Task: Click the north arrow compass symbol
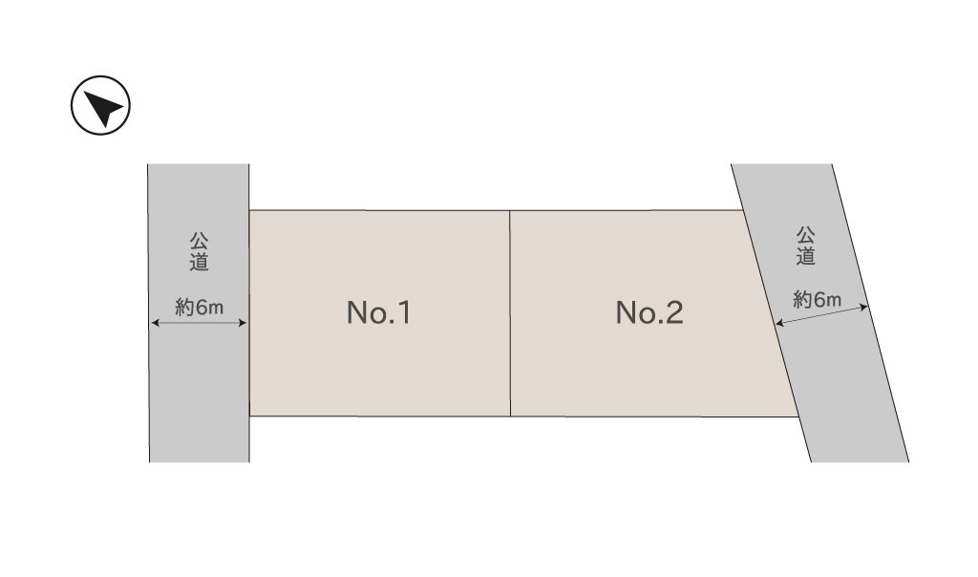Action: point(100,107)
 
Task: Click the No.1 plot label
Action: point(378,313)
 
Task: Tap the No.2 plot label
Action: point(649,313)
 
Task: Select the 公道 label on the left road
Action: point(199,249)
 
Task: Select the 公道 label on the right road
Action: point(805,245)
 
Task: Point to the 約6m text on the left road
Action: point(199,307)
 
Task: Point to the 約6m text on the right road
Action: point(817,299)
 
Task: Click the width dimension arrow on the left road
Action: point(199,324)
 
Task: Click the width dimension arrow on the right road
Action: point(821,315)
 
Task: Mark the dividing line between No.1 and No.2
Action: point(510,313)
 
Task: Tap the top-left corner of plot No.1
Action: point(249,210)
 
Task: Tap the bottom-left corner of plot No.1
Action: point(249,416)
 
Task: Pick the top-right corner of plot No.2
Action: point(744,210)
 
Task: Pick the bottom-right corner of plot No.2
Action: point(799,417)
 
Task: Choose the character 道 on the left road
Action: point(199,260)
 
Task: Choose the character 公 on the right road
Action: point(805,234)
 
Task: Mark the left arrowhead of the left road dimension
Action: point(154,324)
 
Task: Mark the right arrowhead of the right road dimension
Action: point(865,306)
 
